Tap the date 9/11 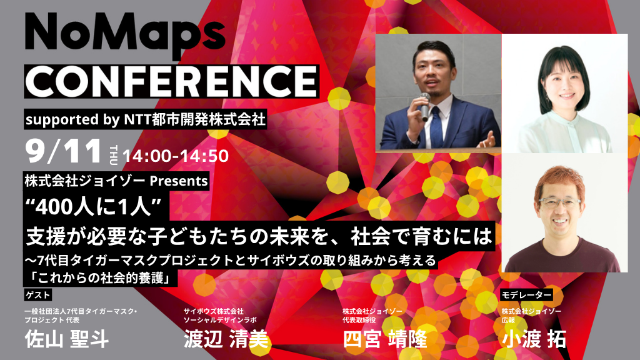63,151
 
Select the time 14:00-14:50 176,156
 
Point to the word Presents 179,181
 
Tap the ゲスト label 37,295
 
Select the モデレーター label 526,295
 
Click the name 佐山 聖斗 67,339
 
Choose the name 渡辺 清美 226,339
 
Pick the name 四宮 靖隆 385,339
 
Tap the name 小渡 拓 534,339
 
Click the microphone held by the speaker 424,106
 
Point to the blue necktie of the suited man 436,126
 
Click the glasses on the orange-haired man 559,202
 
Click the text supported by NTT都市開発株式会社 145,119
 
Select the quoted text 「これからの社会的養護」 101,278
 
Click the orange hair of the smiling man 560,179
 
